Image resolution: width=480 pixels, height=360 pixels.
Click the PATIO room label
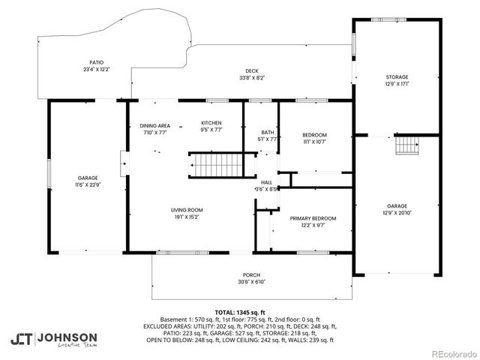97,62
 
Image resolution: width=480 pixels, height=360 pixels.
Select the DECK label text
252,70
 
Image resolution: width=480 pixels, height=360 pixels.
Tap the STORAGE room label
397,76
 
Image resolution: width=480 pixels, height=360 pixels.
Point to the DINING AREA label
155,124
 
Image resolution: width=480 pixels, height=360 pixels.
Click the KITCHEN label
211,122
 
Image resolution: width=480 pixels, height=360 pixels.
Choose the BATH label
268,132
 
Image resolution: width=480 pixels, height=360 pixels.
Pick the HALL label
266,182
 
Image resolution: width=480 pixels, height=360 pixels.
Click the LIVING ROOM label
185,210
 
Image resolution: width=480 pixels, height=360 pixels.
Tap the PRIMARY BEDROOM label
313,218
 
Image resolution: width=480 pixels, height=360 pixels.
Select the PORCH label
251,274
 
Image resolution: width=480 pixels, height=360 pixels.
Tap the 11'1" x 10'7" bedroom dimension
315,142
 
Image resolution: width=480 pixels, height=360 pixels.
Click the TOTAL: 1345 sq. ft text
240,312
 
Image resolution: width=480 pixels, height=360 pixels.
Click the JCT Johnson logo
53,339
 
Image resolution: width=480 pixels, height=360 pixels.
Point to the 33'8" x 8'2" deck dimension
252,77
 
